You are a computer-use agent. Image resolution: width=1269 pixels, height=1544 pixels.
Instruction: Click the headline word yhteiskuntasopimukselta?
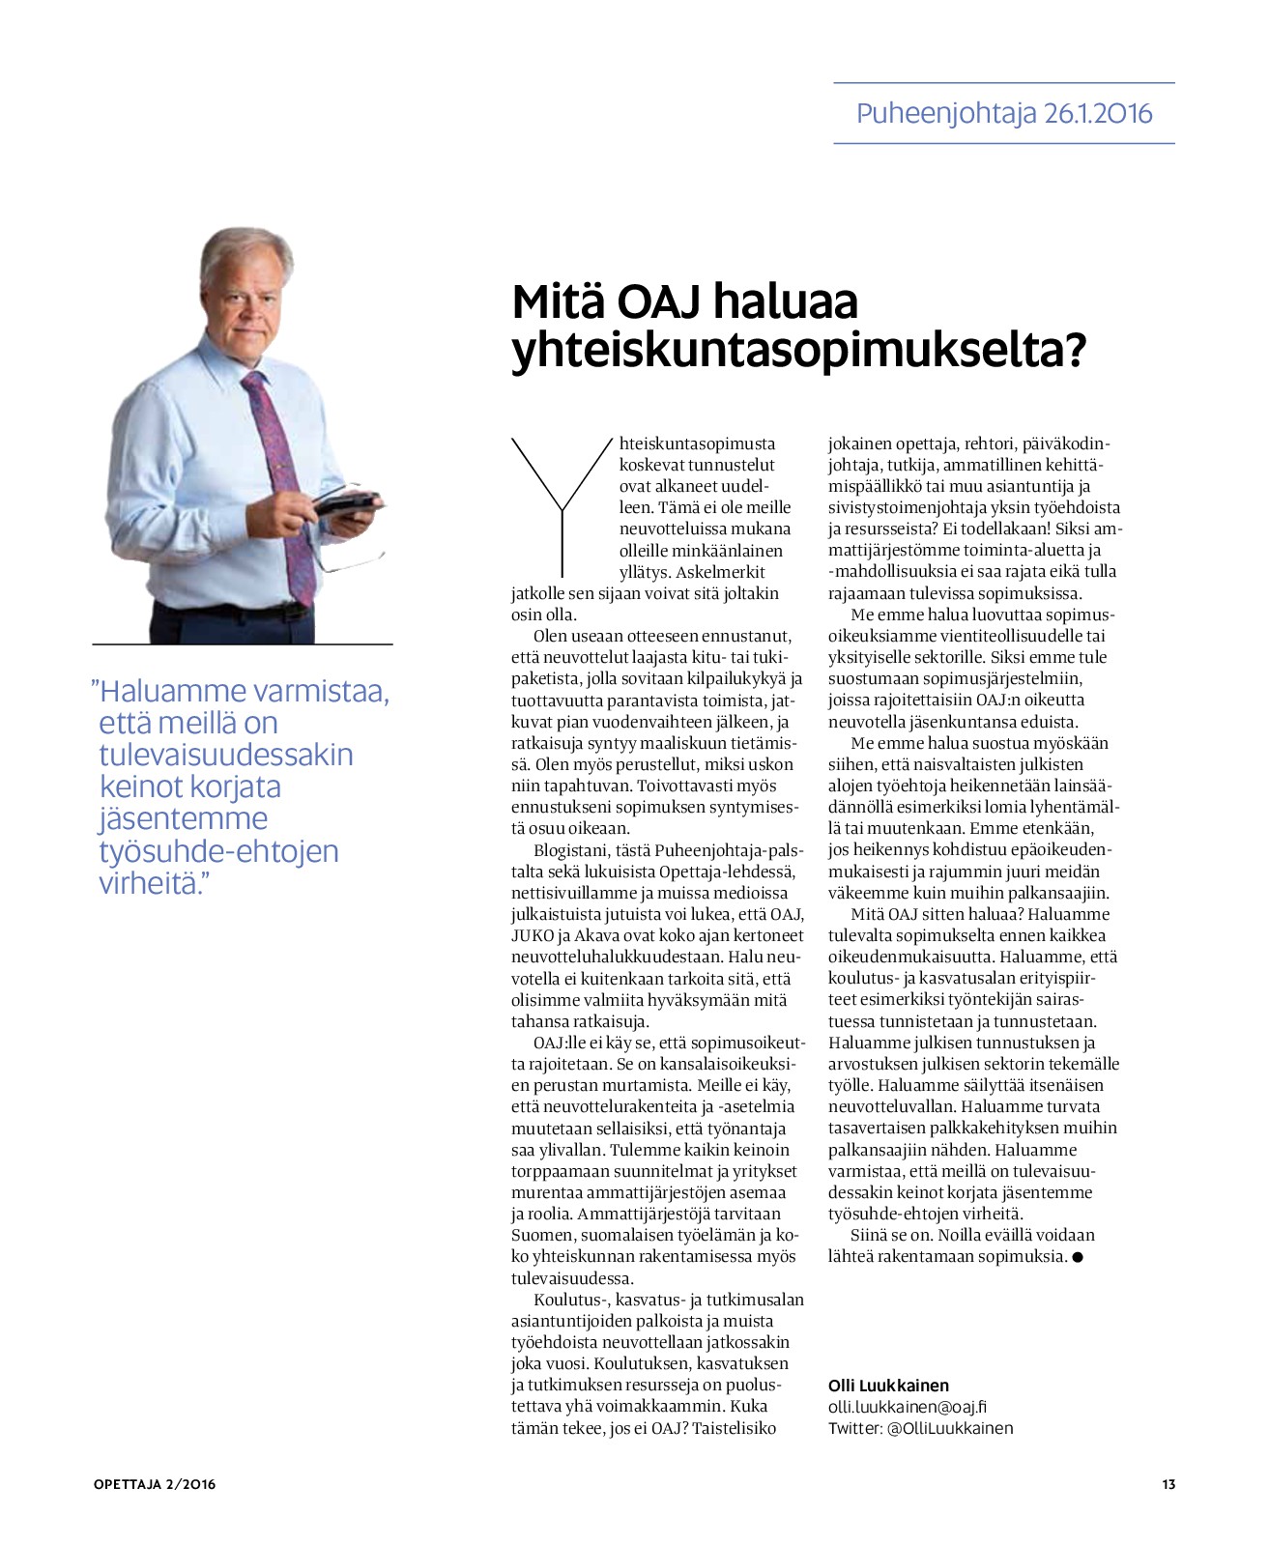798,351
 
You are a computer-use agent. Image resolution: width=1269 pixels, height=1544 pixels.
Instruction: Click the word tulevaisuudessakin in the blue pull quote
226,755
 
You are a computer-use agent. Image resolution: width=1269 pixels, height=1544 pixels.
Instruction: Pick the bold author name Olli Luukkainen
888,1386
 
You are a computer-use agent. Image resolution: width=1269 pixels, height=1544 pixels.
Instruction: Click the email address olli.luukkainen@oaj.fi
908,1407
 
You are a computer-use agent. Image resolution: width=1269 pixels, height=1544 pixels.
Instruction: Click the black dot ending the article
1078,1257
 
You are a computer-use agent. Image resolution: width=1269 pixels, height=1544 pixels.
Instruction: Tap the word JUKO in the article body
532,935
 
